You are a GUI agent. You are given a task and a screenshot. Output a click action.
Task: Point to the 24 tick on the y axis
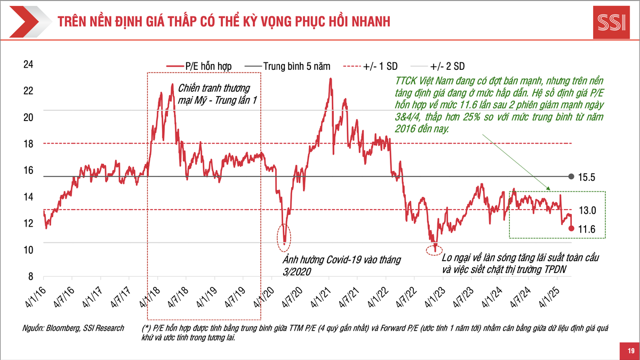28,64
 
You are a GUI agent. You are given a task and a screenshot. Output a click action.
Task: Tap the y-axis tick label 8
31,276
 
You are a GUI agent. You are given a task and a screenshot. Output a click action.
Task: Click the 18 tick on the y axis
28,143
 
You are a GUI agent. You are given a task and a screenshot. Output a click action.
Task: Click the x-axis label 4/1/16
36,296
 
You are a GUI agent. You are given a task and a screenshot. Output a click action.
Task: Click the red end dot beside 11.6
571,228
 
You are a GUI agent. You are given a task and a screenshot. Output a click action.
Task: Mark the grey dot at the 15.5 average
571,177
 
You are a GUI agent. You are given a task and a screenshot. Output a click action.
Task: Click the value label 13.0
587,211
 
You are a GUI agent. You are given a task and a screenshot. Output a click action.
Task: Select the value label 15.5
587,177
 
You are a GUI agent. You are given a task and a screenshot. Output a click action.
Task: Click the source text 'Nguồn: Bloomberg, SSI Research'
73,328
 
